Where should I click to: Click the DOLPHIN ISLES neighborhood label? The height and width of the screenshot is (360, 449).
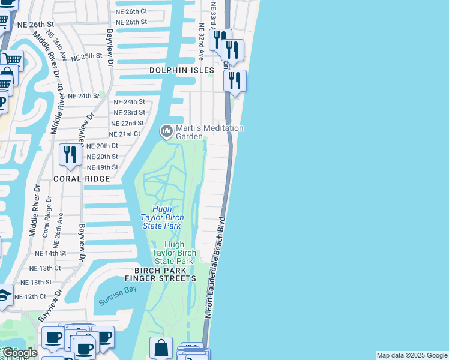[182, 70]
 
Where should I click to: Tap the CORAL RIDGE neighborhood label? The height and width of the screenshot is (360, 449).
[82, 179]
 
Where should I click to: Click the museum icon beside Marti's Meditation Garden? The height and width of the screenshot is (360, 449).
[166, 130]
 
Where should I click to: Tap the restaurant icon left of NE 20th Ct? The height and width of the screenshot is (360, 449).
[70, 155]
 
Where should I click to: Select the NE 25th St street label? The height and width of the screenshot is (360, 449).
[88, 57]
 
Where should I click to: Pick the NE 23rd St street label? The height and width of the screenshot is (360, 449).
[130, 112]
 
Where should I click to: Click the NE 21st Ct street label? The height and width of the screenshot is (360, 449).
[125, 134]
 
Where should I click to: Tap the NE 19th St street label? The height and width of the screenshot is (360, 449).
[103, 167]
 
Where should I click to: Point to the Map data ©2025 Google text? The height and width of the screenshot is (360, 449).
[412, 355]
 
